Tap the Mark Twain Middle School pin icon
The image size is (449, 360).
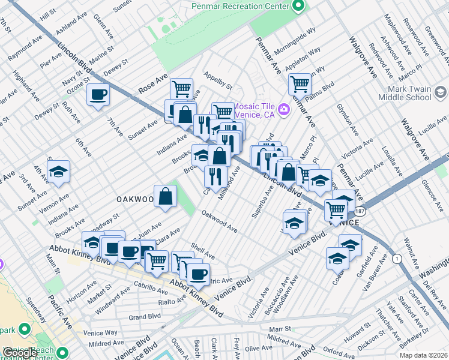(x=441, y=92)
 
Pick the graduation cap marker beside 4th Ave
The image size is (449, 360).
(x=58, y=172)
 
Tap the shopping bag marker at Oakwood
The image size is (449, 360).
(x=165, y=196)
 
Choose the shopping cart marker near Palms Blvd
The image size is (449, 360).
(x=299, y=83)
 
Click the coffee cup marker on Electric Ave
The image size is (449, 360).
(x=198, y=275)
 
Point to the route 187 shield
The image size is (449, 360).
(x=360, y=212)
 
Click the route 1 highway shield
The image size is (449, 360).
(x=396, y=258)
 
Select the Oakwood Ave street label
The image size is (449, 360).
(x=219, y=221)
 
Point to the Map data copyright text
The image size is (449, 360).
(x=423, y=355)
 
